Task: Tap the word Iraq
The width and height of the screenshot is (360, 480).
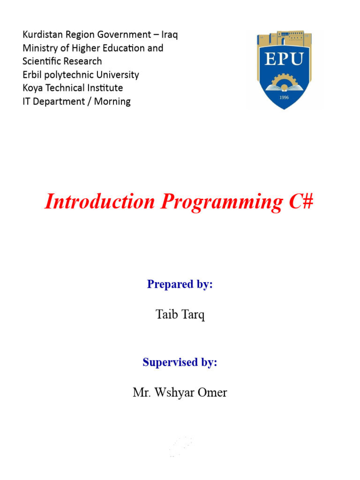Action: click(169, 35)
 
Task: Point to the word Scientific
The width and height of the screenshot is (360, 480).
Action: click(43, 61)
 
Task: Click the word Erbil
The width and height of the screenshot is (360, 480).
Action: click(33, 75)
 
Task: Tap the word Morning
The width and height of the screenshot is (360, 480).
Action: click(112, 101)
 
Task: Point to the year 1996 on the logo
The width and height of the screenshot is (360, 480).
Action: click(285, 97)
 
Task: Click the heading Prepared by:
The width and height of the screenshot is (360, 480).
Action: click(180, 284)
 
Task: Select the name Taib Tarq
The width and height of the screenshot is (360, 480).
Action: click(180, 315)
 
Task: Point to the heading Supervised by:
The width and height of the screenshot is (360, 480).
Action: click(180, 362)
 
